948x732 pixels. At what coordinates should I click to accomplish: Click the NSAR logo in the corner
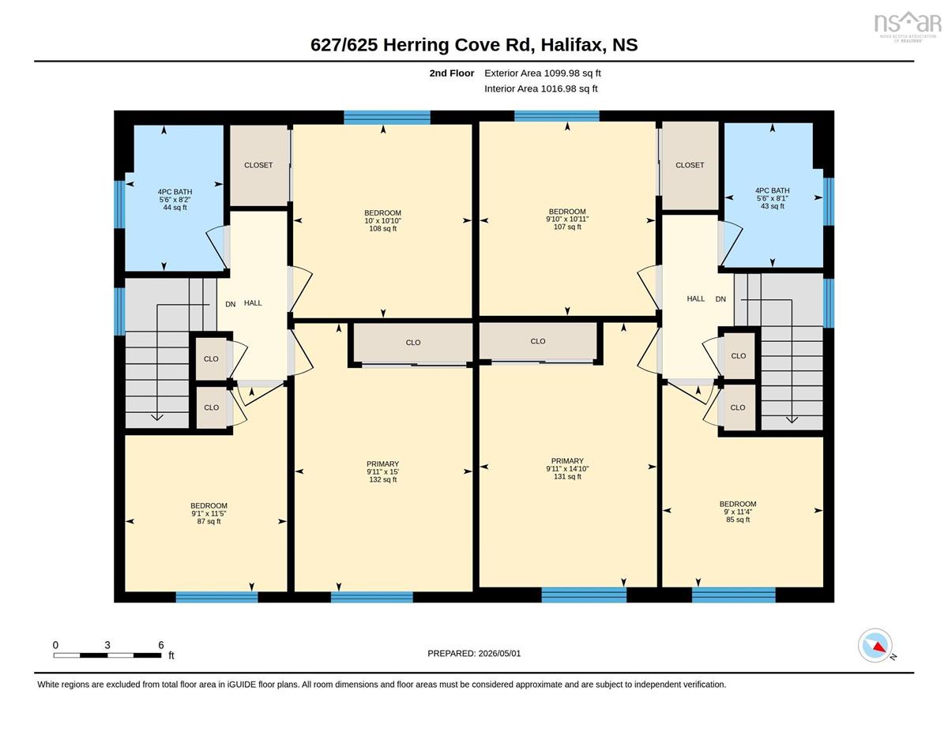907,26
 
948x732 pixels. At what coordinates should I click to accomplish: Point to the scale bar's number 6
161,645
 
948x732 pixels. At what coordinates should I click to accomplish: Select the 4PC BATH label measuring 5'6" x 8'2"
175,200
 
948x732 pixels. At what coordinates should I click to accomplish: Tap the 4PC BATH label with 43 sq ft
772,198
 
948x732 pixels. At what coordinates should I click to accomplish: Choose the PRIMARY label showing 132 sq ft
382,471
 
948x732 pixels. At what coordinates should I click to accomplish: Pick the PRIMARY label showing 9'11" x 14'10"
567,469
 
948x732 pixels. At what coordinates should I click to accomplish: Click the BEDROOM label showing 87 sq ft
209,513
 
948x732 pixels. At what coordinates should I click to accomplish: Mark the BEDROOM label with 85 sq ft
738,512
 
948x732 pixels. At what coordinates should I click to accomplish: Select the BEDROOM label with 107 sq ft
567,220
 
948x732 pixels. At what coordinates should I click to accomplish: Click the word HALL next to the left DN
253,303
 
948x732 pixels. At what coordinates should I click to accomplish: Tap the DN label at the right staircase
720,299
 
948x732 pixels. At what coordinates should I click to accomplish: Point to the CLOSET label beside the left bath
258,165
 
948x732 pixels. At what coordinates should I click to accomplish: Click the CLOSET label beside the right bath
690,165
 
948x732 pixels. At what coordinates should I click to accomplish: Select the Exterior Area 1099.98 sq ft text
542,73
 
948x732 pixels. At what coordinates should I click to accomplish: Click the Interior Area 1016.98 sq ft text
540,89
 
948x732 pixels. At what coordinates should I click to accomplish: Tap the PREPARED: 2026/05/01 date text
474,654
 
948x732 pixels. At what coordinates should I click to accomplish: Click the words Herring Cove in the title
442,45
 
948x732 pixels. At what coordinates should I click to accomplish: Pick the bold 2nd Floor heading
452,73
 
